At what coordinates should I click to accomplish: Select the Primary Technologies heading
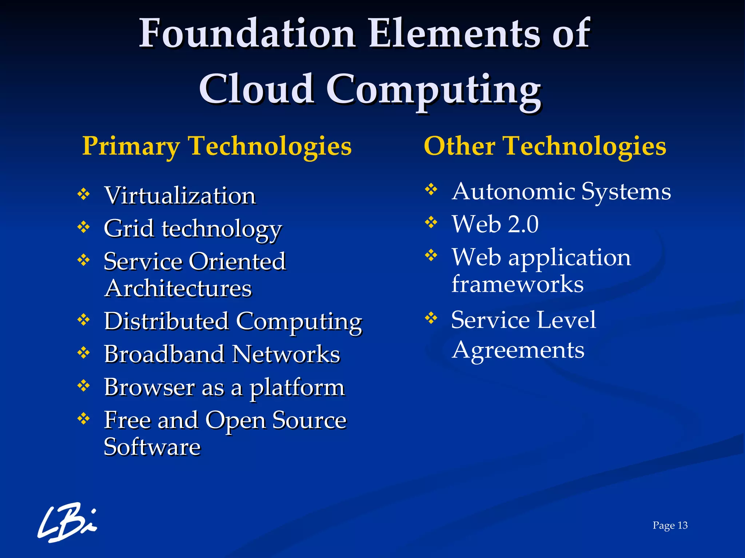click(x=217, y=146)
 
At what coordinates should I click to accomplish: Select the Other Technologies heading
click(x=545, y=146)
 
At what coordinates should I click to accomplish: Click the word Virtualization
click(x=180, y=195)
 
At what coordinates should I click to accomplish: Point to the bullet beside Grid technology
click(x=84, y=227)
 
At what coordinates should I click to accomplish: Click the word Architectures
click(x=178, y=288)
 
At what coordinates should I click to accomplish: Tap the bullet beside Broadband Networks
click(x=84, y=352)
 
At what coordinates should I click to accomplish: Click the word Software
click(x=152, y=447)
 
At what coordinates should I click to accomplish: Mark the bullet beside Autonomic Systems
click(x=431, y=189)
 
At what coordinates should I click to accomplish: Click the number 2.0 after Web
click(x=523, y=224)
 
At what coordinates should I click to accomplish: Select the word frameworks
click(x=517, y=284)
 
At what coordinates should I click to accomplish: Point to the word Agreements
click(x=518, y=350)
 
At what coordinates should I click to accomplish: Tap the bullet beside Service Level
click(x=431, y=318)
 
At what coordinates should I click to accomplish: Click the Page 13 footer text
click(x=670, y=525)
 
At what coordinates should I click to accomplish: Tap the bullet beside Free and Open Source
click(x=84, y=418)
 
